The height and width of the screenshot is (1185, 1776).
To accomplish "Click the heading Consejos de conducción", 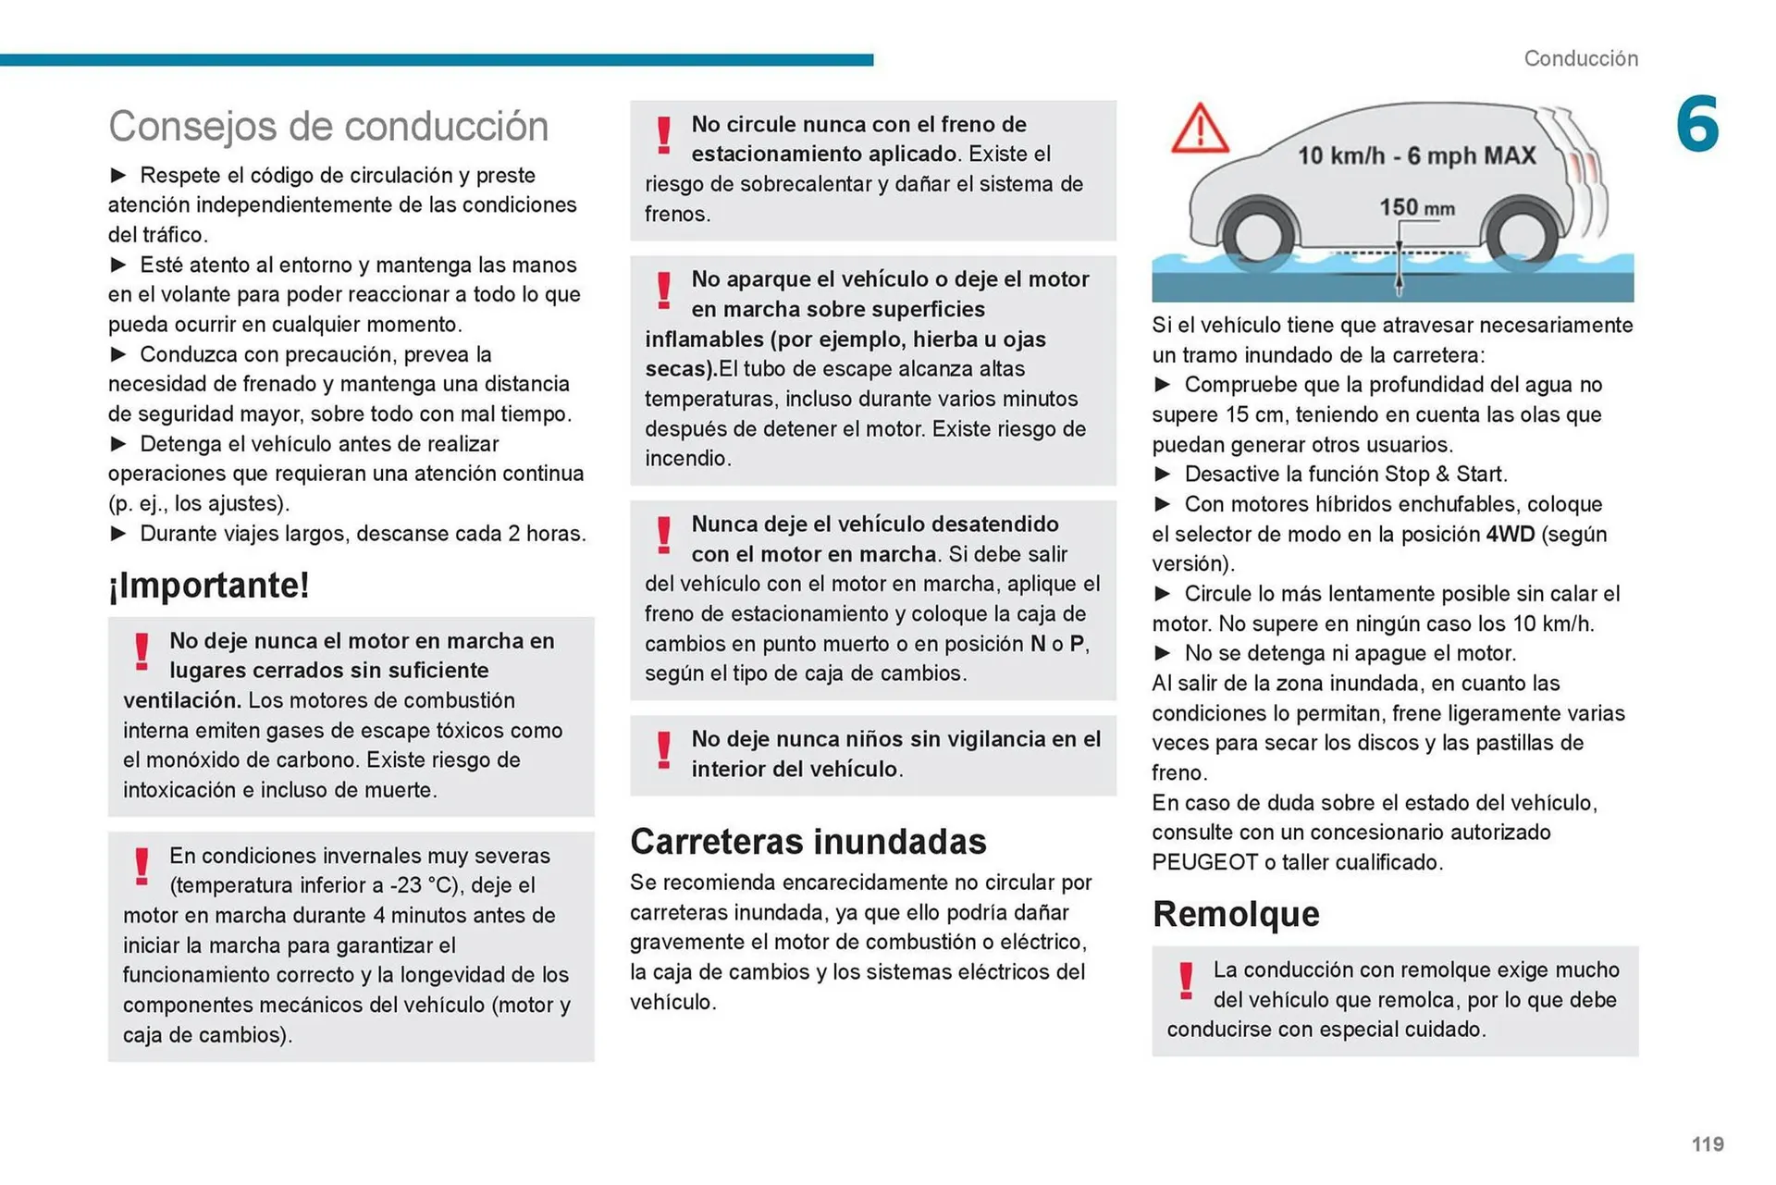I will [x=328, y=127].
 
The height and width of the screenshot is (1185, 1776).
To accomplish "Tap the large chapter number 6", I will [x=1697, y=124].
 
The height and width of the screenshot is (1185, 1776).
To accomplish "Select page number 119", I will [x=1708, y=1144].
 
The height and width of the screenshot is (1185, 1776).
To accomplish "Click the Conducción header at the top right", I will [x=1581, y=58].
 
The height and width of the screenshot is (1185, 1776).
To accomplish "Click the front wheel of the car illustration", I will [x=1259, y=234].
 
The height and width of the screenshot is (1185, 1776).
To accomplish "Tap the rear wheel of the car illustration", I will [x=1522, y=234].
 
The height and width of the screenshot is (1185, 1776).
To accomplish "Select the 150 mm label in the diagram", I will [x=1416, y=207].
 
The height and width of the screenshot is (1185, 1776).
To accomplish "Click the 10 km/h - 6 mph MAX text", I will [x=1416, y=155].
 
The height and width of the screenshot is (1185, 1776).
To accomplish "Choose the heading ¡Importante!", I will [x=209, y=585].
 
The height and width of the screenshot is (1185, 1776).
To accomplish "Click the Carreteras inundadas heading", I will [x=808, y=842].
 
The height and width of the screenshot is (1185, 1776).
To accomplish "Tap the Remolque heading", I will [x=1236, y=914].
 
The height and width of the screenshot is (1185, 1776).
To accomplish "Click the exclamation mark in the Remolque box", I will [x=1186, y=981].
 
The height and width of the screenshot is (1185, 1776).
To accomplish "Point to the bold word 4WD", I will [x=1510, y=535].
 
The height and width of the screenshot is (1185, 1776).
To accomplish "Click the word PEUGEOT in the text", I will [x=1204, y=862].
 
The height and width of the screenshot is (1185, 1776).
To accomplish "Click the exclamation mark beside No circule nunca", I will [x=663, y=135].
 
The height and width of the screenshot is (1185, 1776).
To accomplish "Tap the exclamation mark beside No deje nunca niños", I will [x=663, y=750].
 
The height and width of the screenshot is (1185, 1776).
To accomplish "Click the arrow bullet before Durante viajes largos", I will [x=118, y=534].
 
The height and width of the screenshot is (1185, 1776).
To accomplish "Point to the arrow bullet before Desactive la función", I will [x=1163, y=475].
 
